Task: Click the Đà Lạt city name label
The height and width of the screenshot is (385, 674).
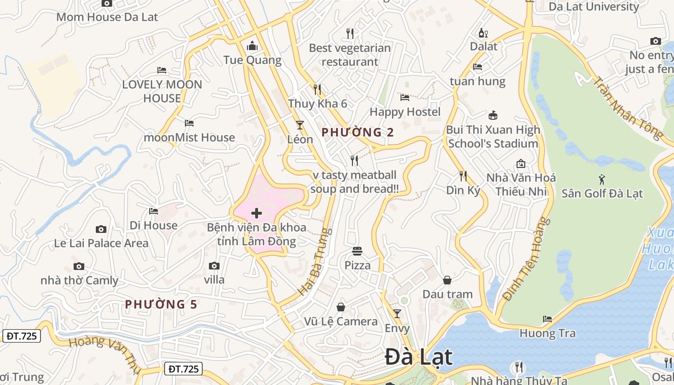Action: pos(419,357)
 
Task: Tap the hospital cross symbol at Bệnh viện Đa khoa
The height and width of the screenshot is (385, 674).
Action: pos(257,213)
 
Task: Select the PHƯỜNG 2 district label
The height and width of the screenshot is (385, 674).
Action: pos(358,132)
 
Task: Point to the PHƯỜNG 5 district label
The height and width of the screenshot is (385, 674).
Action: pos(161,304)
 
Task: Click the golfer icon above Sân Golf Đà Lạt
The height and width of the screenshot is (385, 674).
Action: pos(602,180)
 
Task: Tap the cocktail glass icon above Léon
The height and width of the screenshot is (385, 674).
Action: pos(300,125)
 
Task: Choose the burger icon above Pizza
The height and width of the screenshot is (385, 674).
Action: pos(357,251)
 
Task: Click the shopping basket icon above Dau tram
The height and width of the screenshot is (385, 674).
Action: pos(447,280)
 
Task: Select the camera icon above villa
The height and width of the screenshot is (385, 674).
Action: pos(214,266)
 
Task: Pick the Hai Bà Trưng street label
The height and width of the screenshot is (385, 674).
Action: pos(316,262)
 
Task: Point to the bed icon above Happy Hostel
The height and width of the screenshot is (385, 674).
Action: pos(405,98)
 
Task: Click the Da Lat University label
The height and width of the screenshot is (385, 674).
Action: pos(594,7)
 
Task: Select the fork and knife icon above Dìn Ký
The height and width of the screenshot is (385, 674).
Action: pos(463,176)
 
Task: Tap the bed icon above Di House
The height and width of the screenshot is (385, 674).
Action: pos(154,211)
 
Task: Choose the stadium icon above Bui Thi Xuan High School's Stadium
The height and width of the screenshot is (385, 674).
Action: pos(493,115)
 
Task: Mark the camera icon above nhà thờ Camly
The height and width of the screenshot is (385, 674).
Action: pos(79,266)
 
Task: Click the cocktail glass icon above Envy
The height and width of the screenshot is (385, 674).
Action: pos(397,314)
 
